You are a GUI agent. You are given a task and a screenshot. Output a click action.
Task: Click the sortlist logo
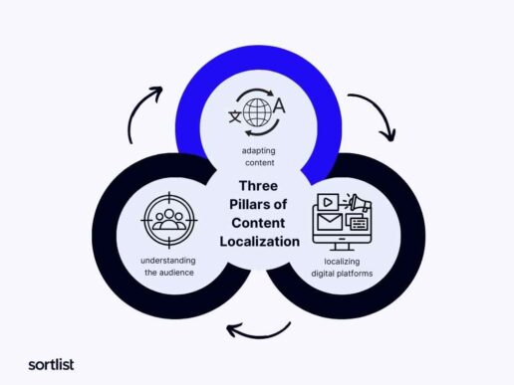(51, 365)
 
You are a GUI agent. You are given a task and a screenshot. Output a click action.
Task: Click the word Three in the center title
(258, 186)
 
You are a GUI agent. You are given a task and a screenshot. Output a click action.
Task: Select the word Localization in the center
(260, 242)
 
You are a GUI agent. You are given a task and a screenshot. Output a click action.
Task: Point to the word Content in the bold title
(258, 223)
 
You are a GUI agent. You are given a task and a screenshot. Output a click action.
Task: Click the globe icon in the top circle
(257, 112)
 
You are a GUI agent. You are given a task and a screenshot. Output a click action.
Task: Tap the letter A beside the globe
(279, 106)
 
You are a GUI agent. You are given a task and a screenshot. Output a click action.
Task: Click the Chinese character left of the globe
(235, 116)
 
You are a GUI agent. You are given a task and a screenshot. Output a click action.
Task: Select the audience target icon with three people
(169, 220)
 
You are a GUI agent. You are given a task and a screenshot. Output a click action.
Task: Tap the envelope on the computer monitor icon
(330, 222)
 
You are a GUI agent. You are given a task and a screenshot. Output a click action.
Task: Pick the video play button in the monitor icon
(328, 202)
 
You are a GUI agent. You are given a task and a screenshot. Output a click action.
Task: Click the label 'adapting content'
(259, 156)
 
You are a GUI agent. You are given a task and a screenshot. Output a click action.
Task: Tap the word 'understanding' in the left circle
(168, 261)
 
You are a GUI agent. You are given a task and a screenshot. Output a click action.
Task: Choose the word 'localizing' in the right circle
(342, 262)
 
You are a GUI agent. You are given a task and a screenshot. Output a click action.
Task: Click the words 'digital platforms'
(342, 274)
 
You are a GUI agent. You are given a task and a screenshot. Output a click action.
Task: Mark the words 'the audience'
(169, 273)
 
